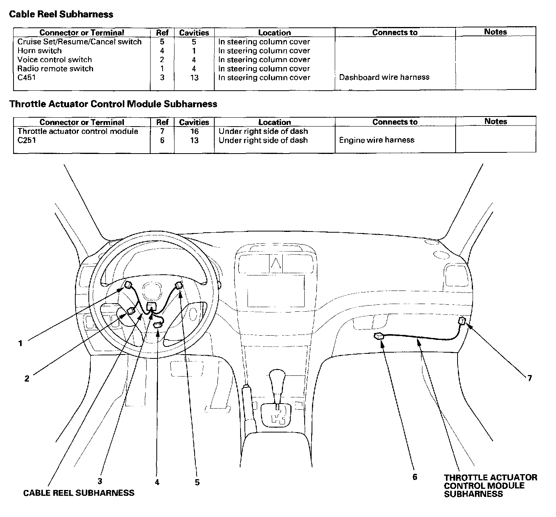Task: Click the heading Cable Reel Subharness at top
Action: (61, 14)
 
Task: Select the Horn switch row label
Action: (39, 51)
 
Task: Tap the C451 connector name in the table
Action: (27, 78)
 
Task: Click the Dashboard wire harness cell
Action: (384, 77)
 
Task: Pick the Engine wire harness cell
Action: (376, 140)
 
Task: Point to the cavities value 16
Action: (194, 131)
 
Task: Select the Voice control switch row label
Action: (54, 59)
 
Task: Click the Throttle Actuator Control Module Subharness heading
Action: (113, 104)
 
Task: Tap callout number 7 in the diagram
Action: (529, 378)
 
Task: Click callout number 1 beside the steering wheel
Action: (20, 343)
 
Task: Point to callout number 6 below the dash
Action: (415, 477)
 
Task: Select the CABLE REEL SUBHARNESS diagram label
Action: (79, 493)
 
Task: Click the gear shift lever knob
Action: (277, 377)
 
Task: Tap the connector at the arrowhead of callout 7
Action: (462, 321)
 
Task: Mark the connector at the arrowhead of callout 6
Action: (379, 336)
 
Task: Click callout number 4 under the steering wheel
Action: (157, 482)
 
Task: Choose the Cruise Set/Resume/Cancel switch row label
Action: (80, 42)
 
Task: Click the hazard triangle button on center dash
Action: (276, 263)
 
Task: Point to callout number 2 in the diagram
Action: (27, 378)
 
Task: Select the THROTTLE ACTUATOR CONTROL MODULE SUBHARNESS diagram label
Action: (490, 486)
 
